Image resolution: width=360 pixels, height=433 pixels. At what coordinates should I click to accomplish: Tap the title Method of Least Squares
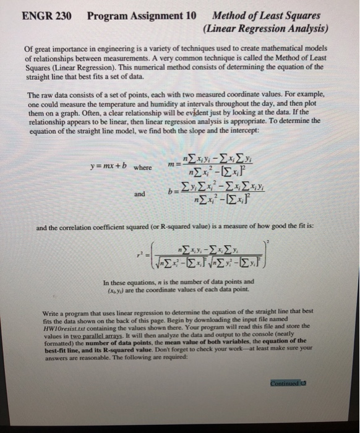(x=265, y=15)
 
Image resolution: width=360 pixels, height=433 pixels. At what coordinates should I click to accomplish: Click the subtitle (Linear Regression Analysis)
(x=264, y=28)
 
